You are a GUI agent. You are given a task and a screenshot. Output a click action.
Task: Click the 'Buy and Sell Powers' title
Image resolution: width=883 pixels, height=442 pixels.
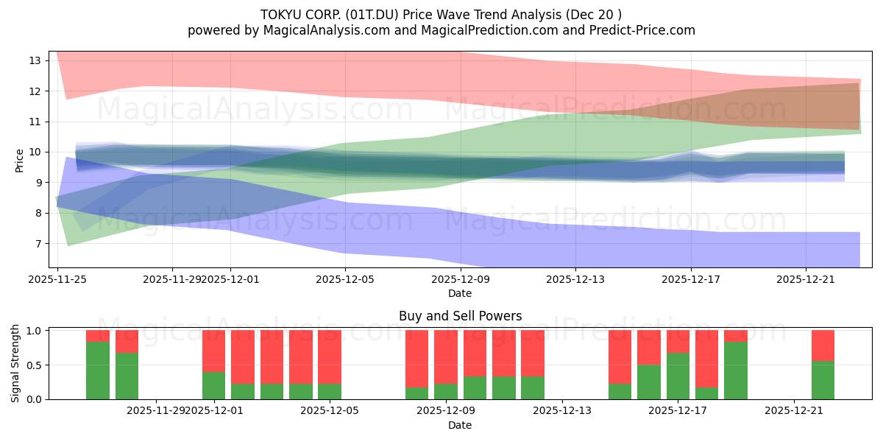[460, 316]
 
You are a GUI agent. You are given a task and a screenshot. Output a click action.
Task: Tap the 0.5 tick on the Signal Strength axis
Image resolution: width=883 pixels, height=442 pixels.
[35, 365]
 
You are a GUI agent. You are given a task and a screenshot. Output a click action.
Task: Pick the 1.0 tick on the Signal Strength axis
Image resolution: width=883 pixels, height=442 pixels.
[35, 331]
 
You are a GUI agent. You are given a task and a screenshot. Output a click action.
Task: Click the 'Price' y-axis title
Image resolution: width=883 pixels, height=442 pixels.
[20, 159]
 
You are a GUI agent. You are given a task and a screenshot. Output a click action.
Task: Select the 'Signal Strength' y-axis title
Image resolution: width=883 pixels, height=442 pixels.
[15, 363]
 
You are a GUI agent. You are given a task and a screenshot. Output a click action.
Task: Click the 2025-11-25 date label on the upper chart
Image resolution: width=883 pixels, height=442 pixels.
[57, 279]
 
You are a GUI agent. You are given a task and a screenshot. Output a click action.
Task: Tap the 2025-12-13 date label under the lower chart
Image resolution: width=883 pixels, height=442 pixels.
[561, 411]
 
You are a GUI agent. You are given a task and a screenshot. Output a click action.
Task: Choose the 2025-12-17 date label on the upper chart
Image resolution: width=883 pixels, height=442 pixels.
[690, 279]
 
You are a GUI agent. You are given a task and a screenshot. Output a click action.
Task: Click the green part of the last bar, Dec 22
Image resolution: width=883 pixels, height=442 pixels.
[823, 380]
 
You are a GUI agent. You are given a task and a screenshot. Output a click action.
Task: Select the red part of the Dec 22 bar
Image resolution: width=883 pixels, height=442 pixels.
[823, 345]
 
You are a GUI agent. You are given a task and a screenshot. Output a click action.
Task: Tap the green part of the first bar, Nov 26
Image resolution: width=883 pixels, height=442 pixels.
[98, 371]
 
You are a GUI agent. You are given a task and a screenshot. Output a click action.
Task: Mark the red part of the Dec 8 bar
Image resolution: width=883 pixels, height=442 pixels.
[416, 358]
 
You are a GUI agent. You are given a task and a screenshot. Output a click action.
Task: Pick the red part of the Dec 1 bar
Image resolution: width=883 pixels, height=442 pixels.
[213, 351]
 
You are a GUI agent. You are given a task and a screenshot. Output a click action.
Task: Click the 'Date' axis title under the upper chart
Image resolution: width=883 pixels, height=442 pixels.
[460, 293]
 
